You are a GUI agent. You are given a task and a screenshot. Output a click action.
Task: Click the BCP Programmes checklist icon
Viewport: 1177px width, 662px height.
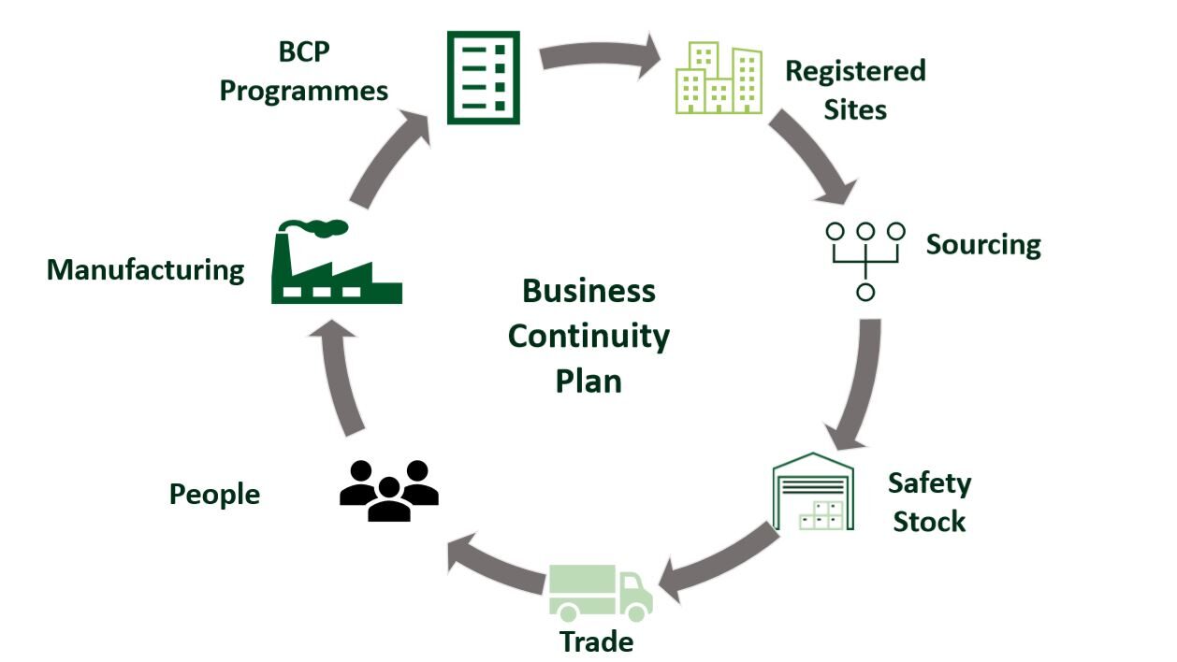tap(483, 77)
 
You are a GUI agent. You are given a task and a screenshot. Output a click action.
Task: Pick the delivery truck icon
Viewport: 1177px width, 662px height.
tap(600, 593)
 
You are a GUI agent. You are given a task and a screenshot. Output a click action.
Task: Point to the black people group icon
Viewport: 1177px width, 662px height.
tap(388, 490)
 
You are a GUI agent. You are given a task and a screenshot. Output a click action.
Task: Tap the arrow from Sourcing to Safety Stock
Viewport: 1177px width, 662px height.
tap(859, 383)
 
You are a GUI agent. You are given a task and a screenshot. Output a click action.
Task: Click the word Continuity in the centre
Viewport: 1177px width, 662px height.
tap(588, 336)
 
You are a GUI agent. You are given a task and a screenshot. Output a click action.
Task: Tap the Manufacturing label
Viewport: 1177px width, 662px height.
tap(145, 270)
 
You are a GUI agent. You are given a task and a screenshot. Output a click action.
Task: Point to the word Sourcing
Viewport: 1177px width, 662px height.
tap(982, 245)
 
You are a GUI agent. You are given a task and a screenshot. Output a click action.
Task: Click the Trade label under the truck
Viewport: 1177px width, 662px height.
tap(596, 642)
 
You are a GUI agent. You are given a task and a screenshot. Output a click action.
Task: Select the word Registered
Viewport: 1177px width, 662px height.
tap(854, 71)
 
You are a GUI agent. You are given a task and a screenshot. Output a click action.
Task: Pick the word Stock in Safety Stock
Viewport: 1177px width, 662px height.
tap(928, 521)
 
